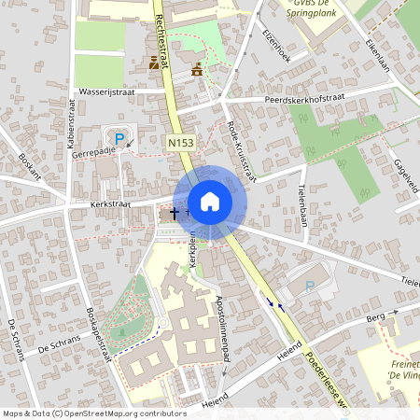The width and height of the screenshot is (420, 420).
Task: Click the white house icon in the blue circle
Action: click(209, 202)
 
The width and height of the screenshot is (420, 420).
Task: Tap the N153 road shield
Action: click(181, 142)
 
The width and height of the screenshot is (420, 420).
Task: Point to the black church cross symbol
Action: click(174, 215)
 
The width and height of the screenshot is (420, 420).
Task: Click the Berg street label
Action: click(375, 318)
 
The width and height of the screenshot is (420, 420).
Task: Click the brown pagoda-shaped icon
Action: click(197, 69)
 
